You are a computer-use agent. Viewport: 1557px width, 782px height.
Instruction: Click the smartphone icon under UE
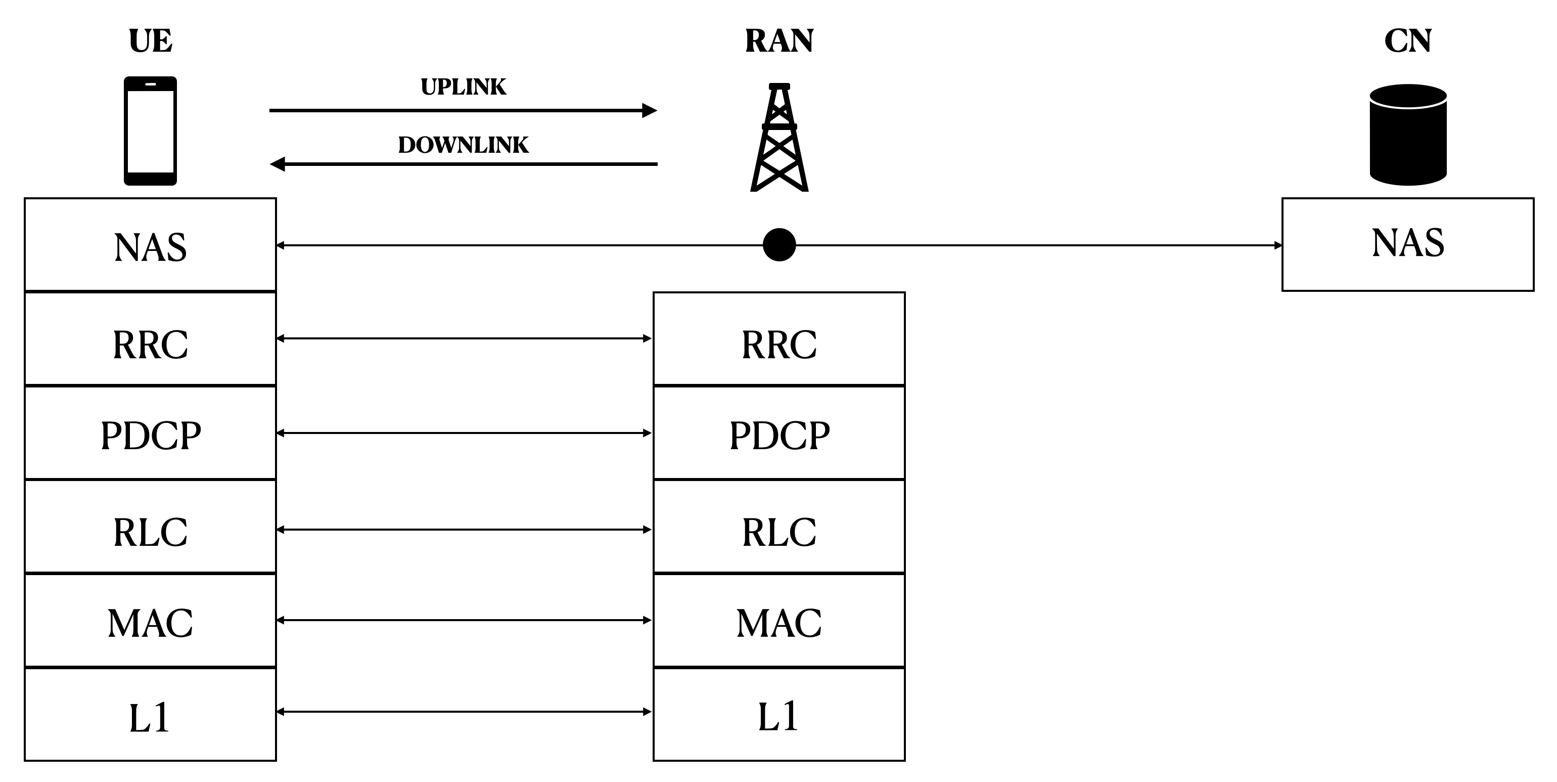tap(150, 131)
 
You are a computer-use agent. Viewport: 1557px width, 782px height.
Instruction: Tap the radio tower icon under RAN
tap(779, 138)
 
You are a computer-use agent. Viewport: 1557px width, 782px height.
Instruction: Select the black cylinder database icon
tap(1408, 134)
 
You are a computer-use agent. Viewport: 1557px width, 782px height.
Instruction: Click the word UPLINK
tap(463, 87)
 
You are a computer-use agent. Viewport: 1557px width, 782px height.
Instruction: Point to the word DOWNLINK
tap(463, 145)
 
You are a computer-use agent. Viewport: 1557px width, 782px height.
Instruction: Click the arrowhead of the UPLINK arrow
tap(649, 111)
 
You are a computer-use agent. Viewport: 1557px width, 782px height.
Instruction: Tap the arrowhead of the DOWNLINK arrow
tap(278, 164)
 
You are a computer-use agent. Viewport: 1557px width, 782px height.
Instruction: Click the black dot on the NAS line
tap(779, 245)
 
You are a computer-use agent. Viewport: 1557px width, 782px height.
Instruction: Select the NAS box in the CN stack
tap(1408, 244)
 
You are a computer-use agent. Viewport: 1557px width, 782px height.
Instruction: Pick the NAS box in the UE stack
tap(150, 245)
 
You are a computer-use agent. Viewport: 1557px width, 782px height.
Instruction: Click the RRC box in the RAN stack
tap(779, 339)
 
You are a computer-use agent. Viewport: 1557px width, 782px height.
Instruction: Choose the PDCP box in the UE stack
tap(150, 433)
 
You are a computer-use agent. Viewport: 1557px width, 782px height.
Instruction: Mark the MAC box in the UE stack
tap(150, 621)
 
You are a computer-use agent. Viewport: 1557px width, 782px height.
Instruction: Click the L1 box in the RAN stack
tap(779, 715)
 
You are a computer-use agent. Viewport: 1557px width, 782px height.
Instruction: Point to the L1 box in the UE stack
tap(150, 715)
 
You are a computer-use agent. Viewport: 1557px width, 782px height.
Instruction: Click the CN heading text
tap(1408, 41)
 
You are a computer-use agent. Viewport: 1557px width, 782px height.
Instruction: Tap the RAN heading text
tap(779, 41)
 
